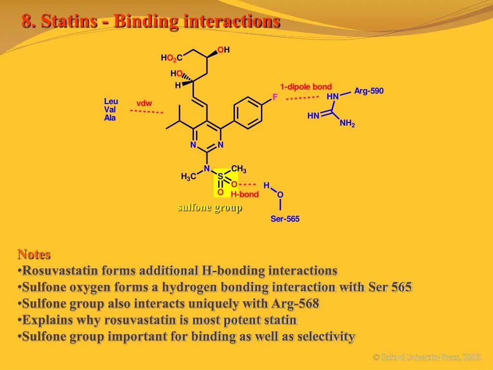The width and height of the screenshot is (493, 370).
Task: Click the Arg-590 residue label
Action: pyautogui.click(x=369, y=91)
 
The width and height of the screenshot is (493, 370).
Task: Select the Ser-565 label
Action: pyautogui.click(x=285, y=219)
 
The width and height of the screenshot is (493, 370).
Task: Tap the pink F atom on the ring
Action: pyautogui.click(x=275, y=97)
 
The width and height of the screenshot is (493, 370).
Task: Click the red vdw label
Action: pyautogui.click(x=144, y=104)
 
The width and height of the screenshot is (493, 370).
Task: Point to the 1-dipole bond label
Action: pyautogui.click(x=306, y=87)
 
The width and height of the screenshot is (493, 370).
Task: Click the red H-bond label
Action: pyautogui.click(x=245, y=195)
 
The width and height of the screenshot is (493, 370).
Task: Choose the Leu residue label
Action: pyautogui.click(x=111, y=101)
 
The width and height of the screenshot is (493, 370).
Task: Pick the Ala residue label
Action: pyautogui.click(x=110, y=118)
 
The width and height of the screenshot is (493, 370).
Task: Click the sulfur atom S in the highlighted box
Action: pyautogui.click(x=221, y=176)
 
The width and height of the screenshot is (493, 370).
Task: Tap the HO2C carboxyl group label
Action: pyautogui.click(x=171, y=58)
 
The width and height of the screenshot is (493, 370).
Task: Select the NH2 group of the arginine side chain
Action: pyautogui.click(x=347, y=124)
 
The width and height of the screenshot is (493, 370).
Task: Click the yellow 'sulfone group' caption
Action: pyautogui.click(x=210, y=208)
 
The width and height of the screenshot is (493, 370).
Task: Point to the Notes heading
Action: pyautogui.click(x=34, y=254)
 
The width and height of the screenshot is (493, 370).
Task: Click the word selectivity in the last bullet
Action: pyautogui.click(x=326, y=337)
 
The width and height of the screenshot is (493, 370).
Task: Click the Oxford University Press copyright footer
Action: pyautogui.click(x=428, y=357)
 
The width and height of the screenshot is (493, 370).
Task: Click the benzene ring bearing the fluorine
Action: pyautogui.click(x=248, y=113)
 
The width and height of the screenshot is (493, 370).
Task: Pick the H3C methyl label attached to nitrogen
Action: pyautogui.click(x=189, y=177)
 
